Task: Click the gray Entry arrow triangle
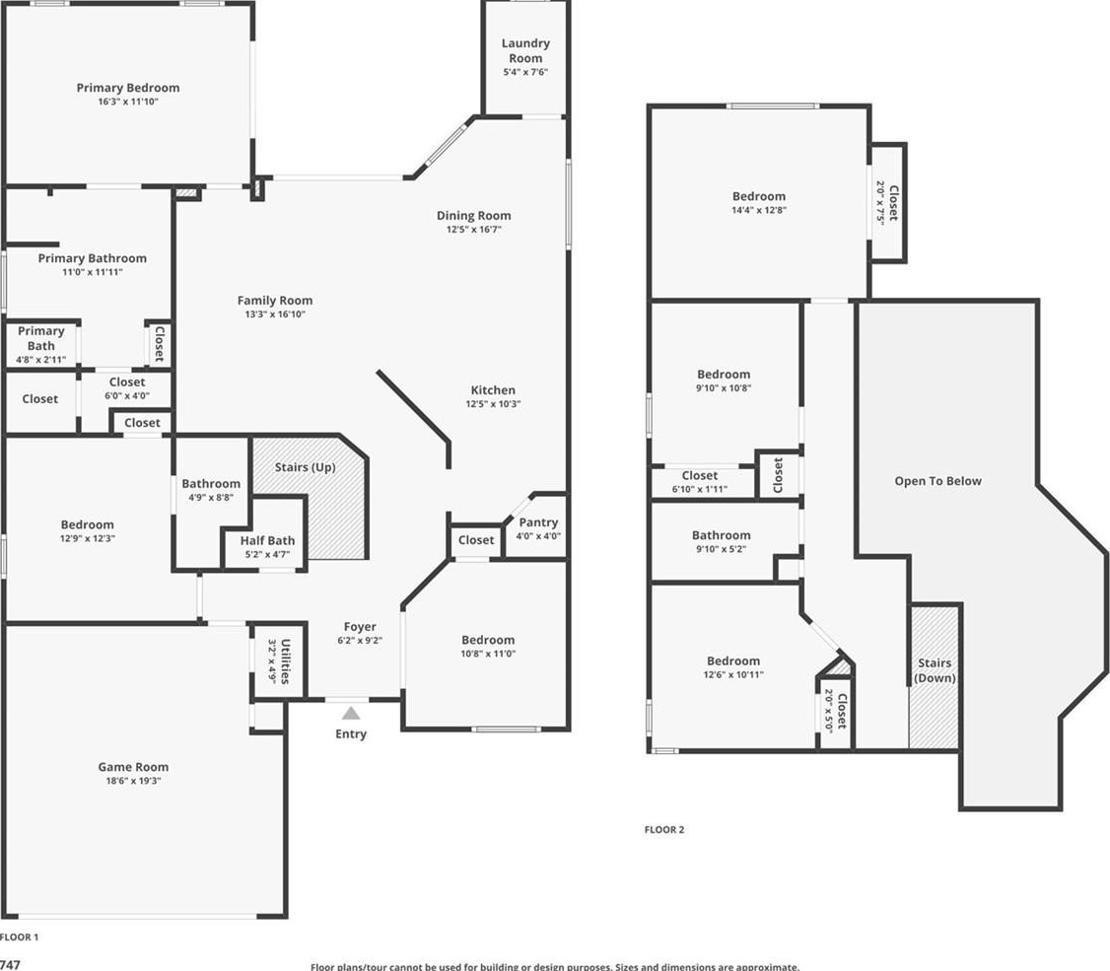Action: [x=351, y=713]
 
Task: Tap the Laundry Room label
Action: [x=525, y=51]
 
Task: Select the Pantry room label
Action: [x=538, y=522]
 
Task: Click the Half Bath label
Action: [x=267, y=540]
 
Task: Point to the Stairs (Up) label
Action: [x=306, y=467]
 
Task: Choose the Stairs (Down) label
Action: [x=935, y=670]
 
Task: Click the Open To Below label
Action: [x=937, y=481]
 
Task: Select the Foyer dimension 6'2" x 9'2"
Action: [x=360, y=641]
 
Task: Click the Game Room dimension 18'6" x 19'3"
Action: [x=133, y=781]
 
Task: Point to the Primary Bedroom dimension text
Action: [x=128, y=102]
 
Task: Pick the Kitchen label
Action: [x=494, y=390]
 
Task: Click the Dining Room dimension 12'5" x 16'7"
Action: [x=473, y=230]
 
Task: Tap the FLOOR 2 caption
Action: [x=664, y=829]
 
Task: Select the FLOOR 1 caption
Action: [x=19, y=937]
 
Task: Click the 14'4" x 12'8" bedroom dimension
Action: [x=759, y=210]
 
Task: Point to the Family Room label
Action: [x=275, y=301]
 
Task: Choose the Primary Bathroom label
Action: [x=93, y=258]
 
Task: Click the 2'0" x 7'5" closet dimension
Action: [x=880, y=202]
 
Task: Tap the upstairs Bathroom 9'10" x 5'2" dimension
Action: [x=722, y=549]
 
